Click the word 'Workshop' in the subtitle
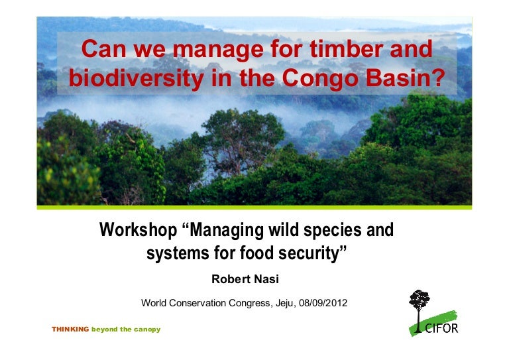pos(137,231)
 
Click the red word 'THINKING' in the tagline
pos(70,330)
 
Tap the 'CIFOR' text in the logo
pos(441,328)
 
